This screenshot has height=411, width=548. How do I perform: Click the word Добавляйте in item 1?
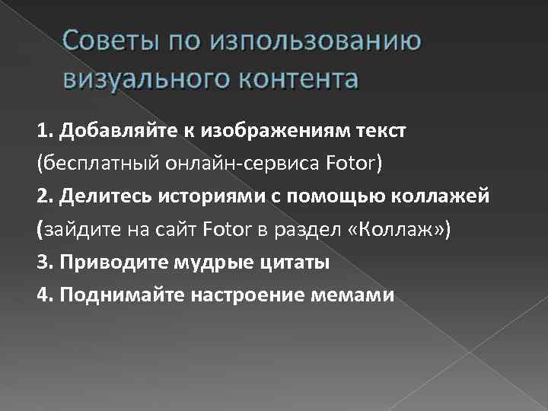click(106, 130)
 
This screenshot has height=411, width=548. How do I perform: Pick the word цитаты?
click(297, 263)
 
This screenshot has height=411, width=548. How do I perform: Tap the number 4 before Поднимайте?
click(41, 295)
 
